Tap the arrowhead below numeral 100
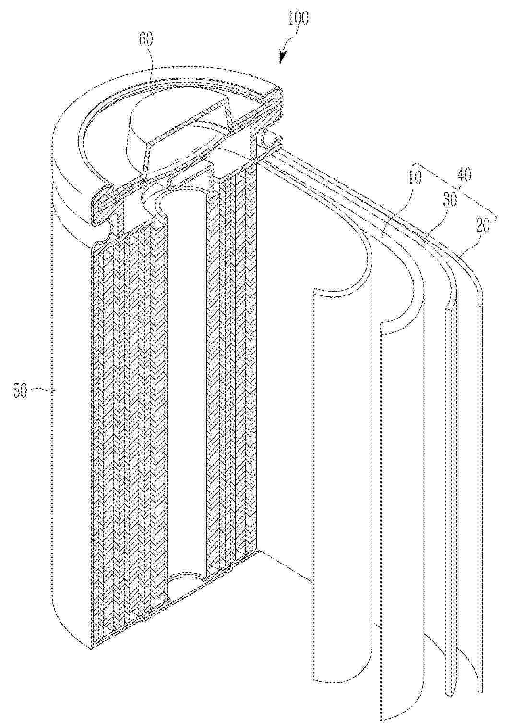(x=281, y=59)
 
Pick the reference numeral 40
(x=464, y=175)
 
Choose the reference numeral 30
(x=448, y=200)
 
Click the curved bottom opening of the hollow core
(x=188, y=579)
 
